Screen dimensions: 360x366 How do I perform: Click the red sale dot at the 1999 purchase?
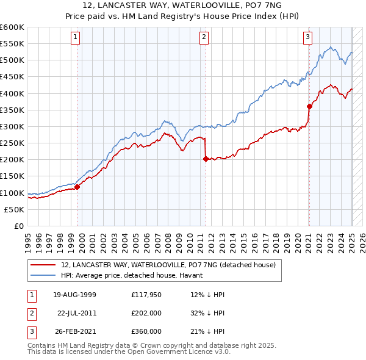[x=77, y=187]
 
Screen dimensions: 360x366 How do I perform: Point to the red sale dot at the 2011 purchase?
[x=206, y=159]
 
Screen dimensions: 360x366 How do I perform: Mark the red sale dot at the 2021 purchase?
[x=309, y=106]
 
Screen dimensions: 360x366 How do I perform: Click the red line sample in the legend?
[x=43, y=265]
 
